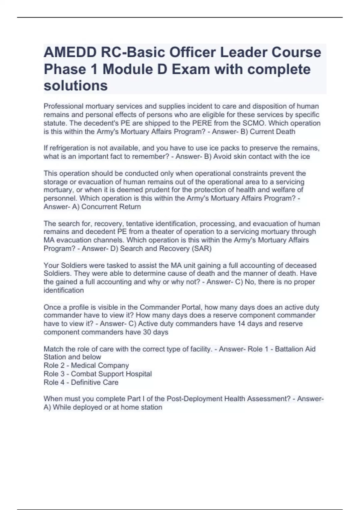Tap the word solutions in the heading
pyautogui.click(x=76, y=85)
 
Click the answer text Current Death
pyautogui.click(x=272, y=132)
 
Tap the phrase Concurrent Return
pyautogui.click(x=111, y=207)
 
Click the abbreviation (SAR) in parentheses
pyautogui.click(x=202, y=249)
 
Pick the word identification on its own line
pyautogui.click(x=64, y=290)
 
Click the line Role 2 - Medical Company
pyautogui.click(x=86, y=365)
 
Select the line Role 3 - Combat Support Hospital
pyautogui.click(x=97, y=374)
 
